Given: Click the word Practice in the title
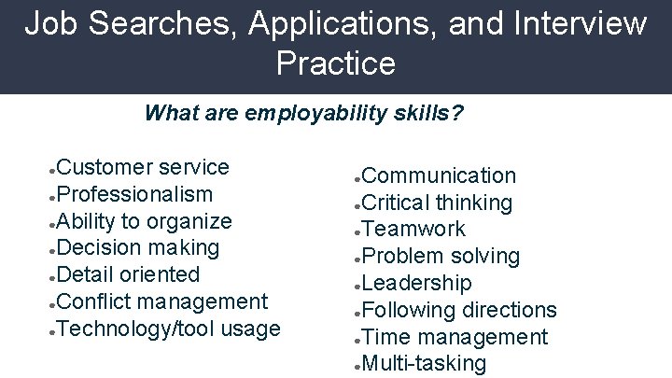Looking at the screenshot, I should point(336,63).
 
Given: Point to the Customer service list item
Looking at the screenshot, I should point(143,168).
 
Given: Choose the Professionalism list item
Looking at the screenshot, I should point(134,194).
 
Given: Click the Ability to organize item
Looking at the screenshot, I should point(144,221).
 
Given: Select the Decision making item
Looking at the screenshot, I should point(138,247).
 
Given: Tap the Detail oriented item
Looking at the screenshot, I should point(128,274).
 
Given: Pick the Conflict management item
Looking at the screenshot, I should point(161,301).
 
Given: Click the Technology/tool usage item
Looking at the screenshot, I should point(168,329).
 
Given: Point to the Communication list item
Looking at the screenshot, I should point(438,175).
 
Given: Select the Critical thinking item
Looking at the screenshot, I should point(436,203).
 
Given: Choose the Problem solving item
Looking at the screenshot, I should point(440,256).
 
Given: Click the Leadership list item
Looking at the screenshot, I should point(416,283).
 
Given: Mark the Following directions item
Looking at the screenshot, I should point(458,310).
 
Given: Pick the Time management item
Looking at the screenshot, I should point(454,337).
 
